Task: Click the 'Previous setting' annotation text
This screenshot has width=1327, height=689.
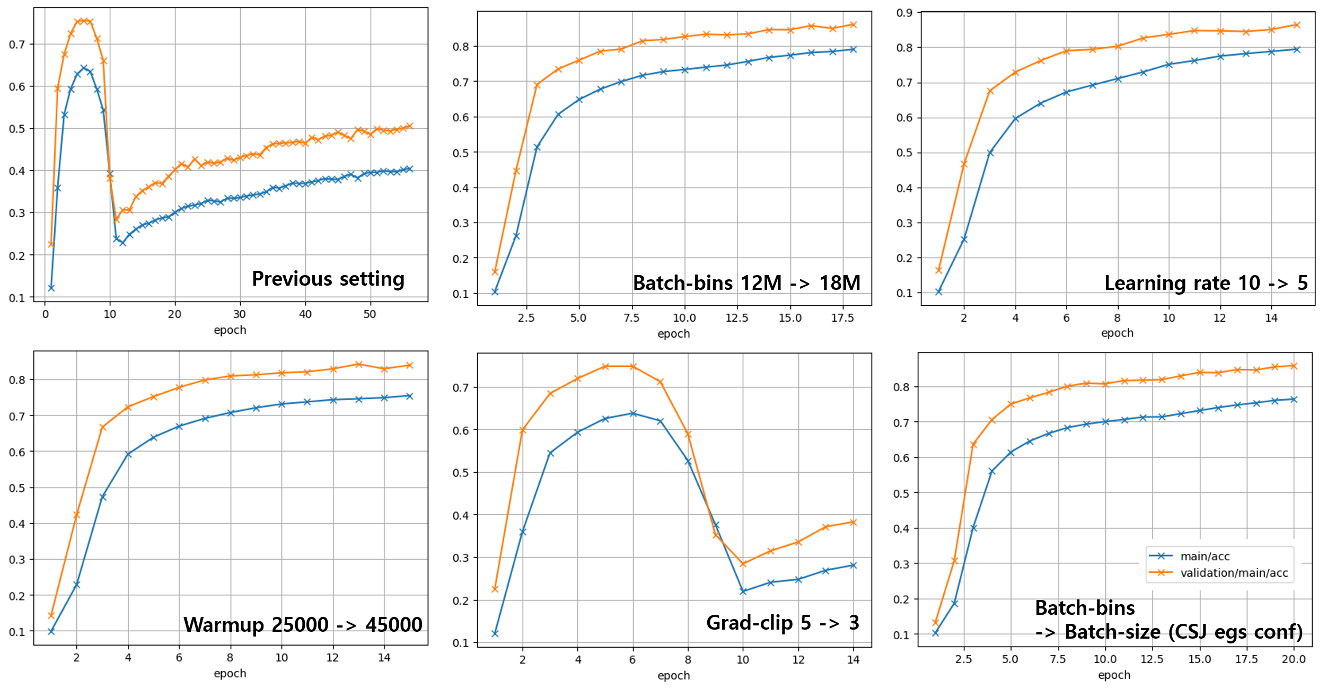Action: click(x=328, y=279)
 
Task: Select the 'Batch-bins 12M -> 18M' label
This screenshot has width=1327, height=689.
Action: click(x=746, y=283)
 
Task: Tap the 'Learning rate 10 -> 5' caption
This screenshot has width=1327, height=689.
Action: click(x=1206, y=283)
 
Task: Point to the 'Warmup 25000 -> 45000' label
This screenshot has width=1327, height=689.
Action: click(x=303, y=624)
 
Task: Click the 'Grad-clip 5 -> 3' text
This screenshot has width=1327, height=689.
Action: click(x=782, y=623)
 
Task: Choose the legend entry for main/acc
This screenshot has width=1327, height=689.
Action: click(x=1205, y=556)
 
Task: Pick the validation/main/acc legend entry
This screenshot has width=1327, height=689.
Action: click(x=1234, y=572)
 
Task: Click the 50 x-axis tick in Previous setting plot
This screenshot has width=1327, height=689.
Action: click(x=370, y=314)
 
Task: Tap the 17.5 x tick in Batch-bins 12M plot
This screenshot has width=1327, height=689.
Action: click(x=842, y=318)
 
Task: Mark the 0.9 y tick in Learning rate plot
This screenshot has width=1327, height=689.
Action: click(x=904, y=13)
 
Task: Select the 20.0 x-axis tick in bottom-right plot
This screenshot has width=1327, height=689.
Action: click(x=1294, y=659)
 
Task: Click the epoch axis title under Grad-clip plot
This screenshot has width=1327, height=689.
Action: click(x=673, y=675)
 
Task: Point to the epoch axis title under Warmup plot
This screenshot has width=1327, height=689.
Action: click(x=230, y=673)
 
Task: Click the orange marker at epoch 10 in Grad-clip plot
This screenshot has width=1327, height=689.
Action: click(x=743, y=564)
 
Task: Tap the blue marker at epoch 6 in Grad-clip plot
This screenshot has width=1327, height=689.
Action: click(x=633, y=413)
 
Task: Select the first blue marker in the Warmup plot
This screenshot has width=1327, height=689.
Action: click(x=51, y=631)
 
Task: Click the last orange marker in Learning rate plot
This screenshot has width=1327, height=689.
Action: click(x=1297, y=25)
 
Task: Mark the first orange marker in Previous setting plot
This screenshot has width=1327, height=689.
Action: click(x=51, y=244)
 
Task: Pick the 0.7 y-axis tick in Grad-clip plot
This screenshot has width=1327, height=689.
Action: click(x=460, y=388)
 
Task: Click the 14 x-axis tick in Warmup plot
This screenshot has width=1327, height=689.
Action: click(x=384, y=658)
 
